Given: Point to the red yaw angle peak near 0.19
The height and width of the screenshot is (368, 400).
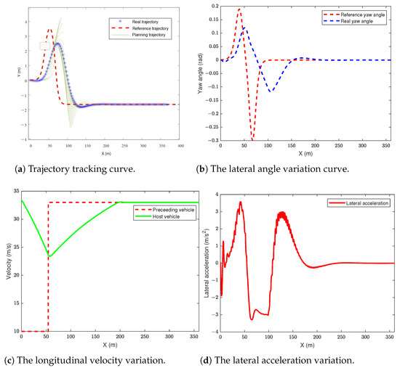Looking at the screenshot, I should click(x=239, y=9).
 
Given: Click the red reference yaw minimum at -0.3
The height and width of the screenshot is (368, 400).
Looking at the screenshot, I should click(x=252, y=139).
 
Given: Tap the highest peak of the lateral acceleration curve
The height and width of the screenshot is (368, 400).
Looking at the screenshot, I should click(x=240, y=203).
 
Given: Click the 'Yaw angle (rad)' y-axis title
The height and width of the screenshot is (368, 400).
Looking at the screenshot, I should click(x=205, y=73).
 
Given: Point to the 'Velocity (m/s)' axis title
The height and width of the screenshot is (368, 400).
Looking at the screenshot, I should click(x=7, y=261).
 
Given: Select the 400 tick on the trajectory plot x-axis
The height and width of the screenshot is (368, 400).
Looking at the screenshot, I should click(x=180, y=145).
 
